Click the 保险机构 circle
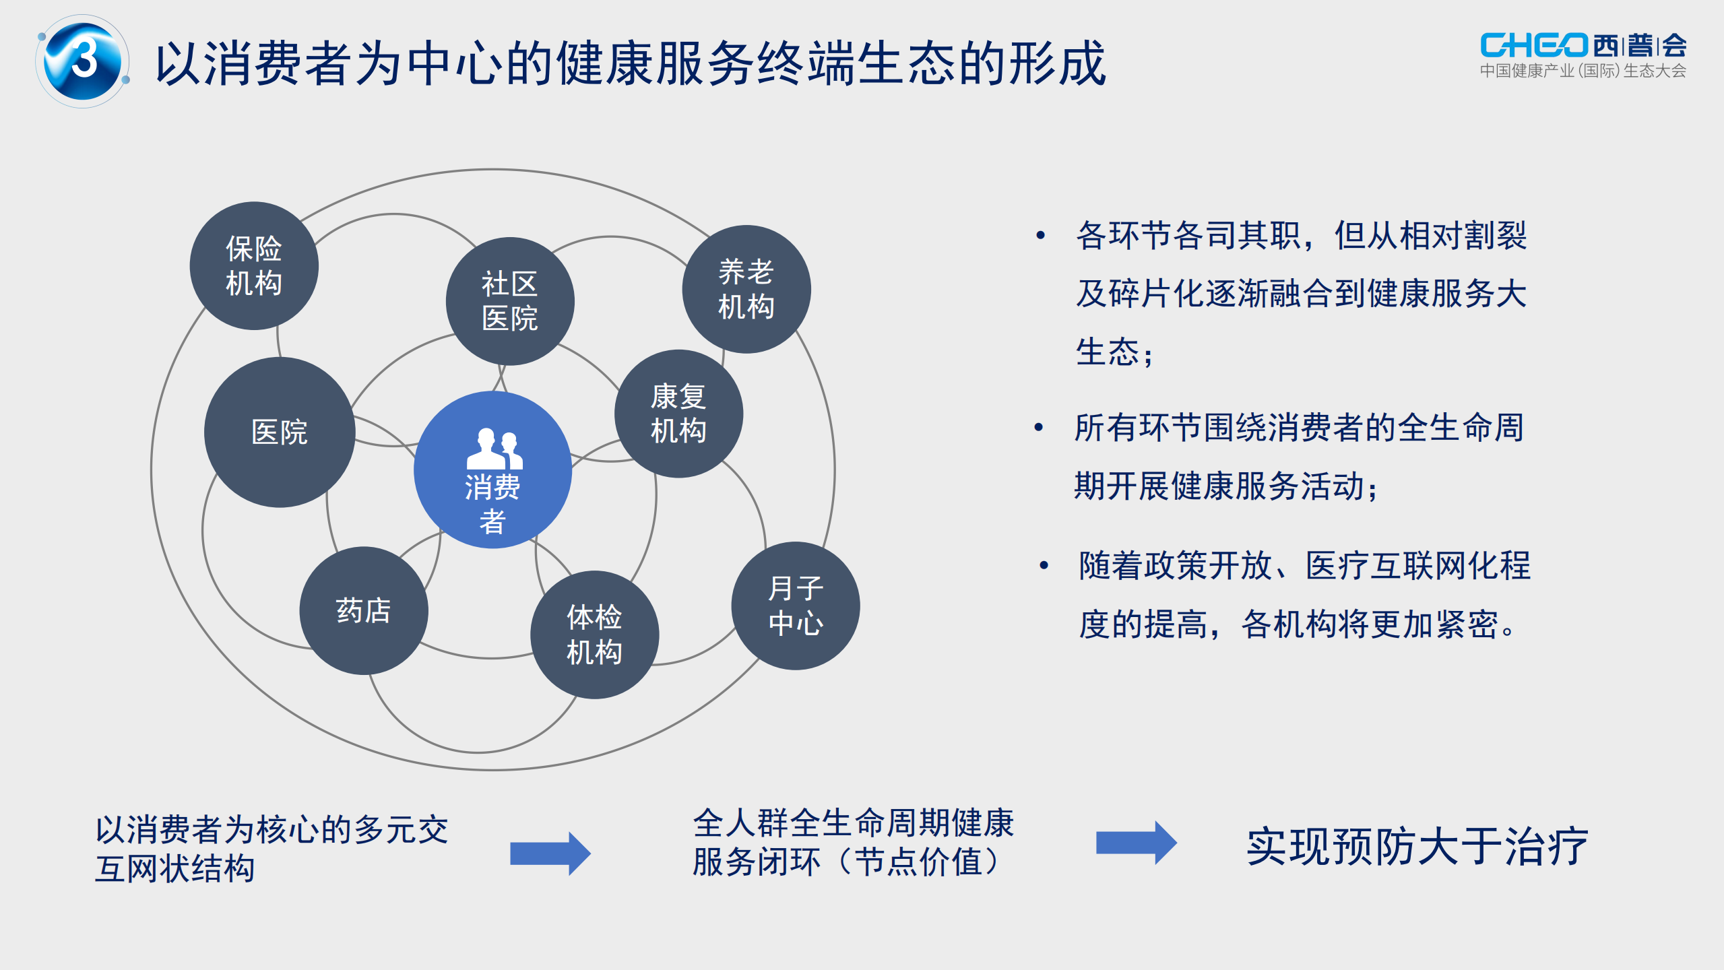click(254, 266)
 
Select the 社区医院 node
click(510, 301)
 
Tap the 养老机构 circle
click(746, 289)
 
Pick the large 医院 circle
click(280, 432)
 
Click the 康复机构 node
click(678, 414)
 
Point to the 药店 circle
click(364, 610)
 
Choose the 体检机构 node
click(594, 635)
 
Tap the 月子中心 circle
click(795, 606)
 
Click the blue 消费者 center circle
click(492, 498)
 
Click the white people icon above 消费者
click(494, 449)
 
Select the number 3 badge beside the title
click(83, 61)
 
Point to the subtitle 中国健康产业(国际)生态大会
click(1583, 71)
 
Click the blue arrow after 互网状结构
click(550, 853)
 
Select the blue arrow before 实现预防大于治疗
click(1136, 843)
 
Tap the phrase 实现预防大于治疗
click(1417, 847)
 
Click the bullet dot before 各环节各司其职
click(1041, 235)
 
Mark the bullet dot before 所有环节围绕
click(1039, 427)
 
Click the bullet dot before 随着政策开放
click(1044, 565)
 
